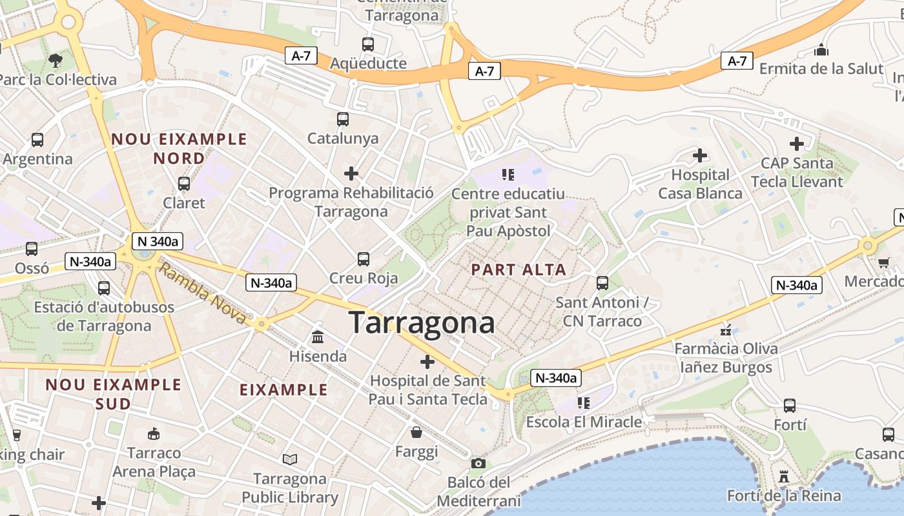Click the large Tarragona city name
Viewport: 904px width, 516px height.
422,322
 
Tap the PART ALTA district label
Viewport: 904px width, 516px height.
519,270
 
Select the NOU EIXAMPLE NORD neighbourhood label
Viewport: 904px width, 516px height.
179,148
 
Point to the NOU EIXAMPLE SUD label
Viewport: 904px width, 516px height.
113,394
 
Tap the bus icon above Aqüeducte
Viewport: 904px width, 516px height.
368,45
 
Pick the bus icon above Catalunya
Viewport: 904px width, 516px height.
343,119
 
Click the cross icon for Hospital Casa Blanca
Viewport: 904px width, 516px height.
699,155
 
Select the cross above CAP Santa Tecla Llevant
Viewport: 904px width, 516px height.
797,144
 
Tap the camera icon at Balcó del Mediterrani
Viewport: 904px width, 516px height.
478,463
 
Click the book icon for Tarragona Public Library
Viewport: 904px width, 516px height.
290,459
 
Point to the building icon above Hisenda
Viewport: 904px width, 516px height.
318,337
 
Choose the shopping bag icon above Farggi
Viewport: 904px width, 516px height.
416,432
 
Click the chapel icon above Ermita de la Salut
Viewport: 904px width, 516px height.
821,50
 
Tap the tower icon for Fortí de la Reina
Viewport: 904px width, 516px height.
784,477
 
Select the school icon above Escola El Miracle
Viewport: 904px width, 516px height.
584,403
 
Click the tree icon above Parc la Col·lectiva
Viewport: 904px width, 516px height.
55,61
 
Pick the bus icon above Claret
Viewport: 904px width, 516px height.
184,184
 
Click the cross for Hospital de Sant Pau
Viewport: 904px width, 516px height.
427,362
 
